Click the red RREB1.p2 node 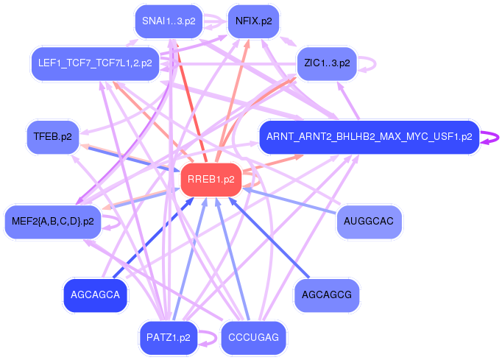(x=211, y=180)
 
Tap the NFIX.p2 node (x=253, y=21)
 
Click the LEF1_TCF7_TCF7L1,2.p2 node (x=95, y=63)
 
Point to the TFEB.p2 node (x=52, y=136)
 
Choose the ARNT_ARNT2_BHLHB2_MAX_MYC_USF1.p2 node (x=369, y=136)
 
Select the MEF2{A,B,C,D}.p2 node (x=53, y=221)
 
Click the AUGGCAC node (x=370, y=221)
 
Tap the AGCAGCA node (x=96, y=295)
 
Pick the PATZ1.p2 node (x=169, y=338)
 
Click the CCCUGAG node (x=253, y=338)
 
